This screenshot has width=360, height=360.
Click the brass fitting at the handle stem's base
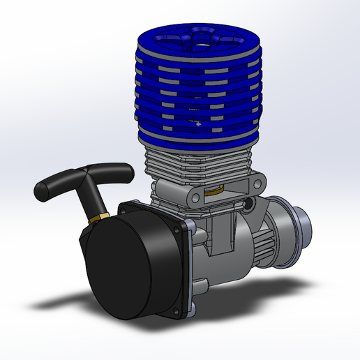96,218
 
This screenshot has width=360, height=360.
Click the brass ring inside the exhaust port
215,189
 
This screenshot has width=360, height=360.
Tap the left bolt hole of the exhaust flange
159,188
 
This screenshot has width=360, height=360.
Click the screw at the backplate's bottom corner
192,309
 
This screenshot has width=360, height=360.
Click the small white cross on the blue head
198,124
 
